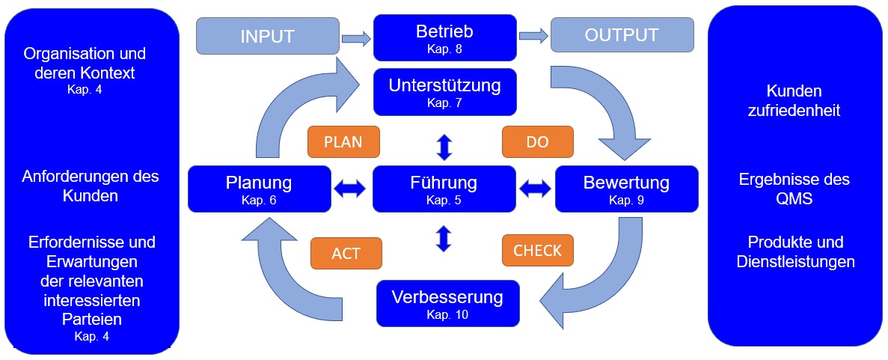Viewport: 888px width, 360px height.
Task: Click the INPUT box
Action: (x=267, y=36)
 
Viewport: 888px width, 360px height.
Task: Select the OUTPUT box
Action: (x=622, y=35)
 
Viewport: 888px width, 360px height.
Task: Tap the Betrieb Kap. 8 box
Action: (x=444, y=38)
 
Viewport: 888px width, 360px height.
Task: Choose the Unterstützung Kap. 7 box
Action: (x=444, y=91)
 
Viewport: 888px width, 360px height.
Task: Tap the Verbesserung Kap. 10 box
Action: (x=447, y=302)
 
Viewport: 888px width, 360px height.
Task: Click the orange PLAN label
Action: (x=343, y=141)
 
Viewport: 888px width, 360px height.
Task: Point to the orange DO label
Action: (x=537, y=141)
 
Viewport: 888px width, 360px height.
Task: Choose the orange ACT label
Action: (x=346, y=253)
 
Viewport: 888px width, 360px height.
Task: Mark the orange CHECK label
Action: (x=537, y=251)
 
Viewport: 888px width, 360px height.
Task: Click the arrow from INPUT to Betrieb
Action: (x=355, y=37)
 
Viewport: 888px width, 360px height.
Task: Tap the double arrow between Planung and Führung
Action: (x=352, y=190)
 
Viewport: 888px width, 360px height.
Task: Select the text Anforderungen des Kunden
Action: (x=91, y=186)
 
